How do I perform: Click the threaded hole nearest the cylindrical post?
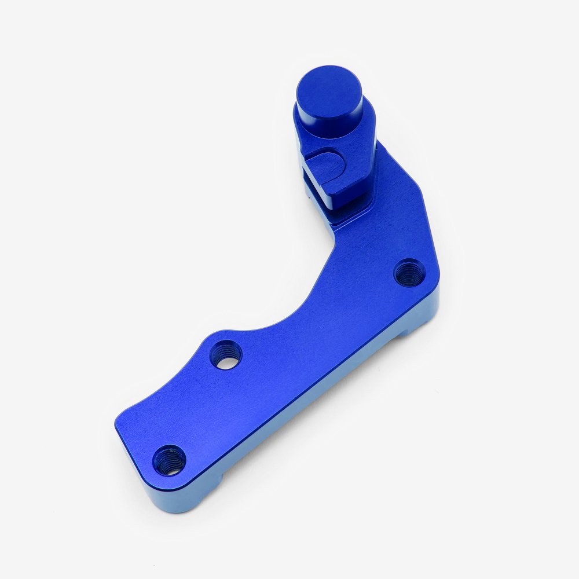click(409, 273)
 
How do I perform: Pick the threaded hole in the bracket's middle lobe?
click(225, 354)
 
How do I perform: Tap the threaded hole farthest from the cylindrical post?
click(170, 460)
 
